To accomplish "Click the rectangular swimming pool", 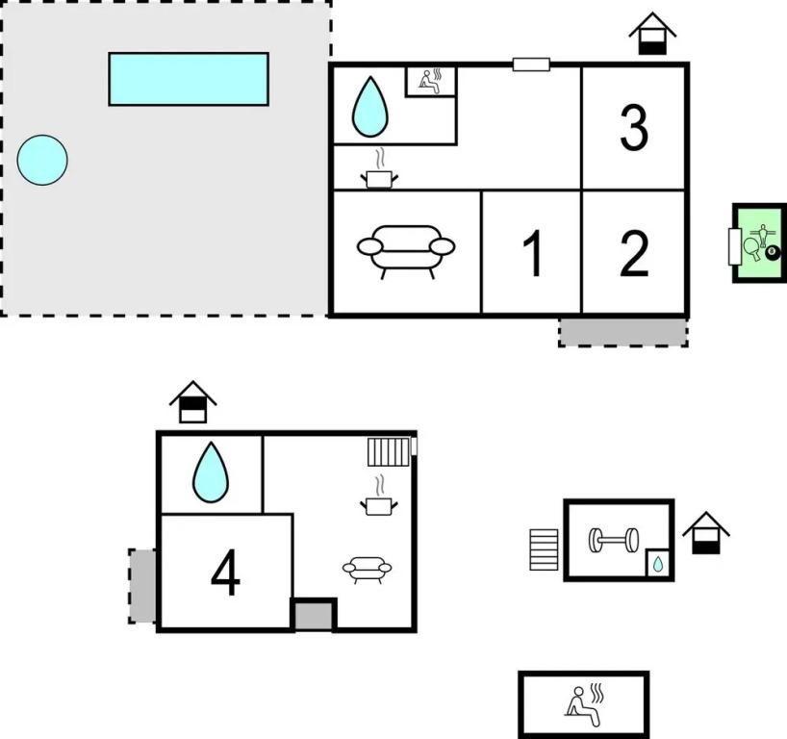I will (189, 79).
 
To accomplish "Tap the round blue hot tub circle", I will (42, 160).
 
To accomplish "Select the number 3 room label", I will (633, 127).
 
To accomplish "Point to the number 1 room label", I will (532, 253).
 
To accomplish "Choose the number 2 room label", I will (634, 253).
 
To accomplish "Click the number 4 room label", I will (225, 574).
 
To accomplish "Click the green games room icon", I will (759, 243).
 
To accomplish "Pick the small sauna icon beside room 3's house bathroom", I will (431, 81).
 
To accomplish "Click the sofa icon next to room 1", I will (405, 249).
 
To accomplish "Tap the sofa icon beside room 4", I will (367, 570).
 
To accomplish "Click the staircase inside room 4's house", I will (389, 451).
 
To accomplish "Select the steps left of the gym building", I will (544, 548).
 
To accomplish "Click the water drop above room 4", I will (211, 472).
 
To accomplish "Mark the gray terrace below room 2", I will (622, 332).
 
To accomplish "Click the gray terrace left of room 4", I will (142, 585).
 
